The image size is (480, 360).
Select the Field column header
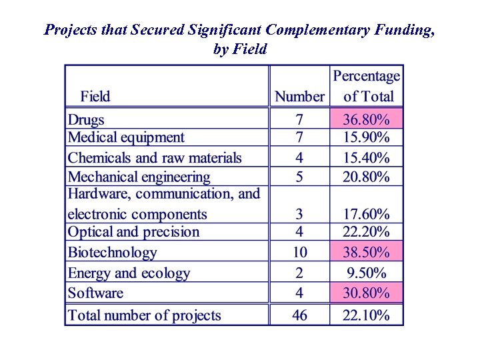tap(95, 97)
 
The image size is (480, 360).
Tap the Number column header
tap(299, 97)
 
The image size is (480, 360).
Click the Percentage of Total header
tap(367, 86)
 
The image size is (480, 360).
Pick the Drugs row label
tap(87, 120)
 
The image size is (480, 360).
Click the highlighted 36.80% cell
tap(366, 120)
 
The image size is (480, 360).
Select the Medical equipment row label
tap(126, 138)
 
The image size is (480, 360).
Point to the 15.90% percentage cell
tap(366, 138)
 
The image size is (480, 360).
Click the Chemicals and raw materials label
tap(155, 158)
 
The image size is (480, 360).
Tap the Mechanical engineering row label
tap(139, 177)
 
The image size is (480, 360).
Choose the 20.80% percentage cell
tap(366, 177)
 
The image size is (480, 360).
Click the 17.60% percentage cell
tap(366, 214)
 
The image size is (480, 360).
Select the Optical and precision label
tap(133, 232)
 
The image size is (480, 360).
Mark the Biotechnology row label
tap(112, 253)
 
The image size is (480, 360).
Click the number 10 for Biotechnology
tap(299, 252)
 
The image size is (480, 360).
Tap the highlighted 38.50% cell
tap(366, 252)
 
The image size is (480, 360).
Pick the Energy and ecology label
tap(129, 273)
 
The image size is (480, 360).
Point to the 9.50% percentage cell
tap(366, 273)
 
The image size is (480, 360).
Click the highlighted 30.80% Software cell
tap(366, 293)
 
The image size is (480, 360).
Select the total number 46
tap(299, 315)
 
